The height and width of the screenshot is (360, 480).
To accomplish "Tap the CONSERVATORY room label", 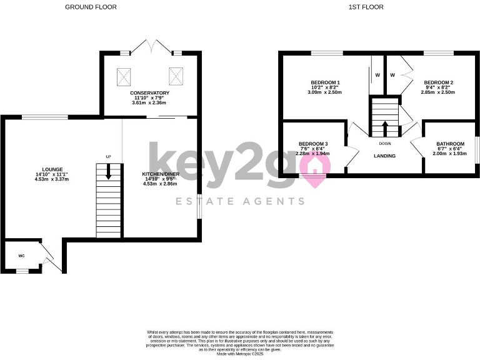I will click(149, 93).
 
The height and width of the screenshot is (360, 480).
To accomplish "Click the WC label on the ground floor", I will click(21, 256).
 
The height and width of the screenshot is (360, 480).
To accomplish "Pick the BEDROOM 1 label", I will click(325, 82).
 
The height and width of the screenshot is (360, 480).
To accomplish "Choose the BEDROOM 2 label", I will click(438, 82).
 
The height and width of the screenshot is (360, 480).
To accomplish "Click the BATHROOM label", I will click(450, 143).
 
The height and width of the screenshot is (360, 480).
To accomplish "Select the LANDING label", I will click(384, 156).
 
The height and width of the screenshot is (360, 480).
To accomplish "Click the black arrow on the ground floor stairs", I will click(109, 172).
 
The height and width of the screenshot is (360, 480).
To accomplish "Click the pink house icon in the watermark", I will click(314, 168).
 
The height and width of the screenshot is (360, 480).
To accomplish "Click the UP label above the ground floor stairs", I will click(108, 156).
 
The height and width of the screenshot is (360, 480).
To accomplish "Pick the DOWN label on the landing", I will click(384, 143).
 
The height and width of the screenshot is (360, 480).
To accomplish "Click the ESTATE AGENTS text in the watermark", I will click(240, 201).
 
